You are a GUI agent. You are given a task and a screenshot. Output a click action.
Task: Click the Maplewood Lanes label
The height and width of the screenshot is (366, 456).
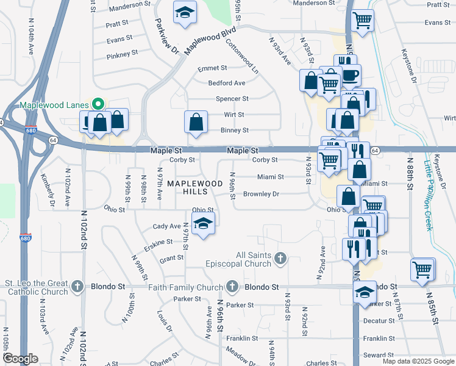click(54, 105)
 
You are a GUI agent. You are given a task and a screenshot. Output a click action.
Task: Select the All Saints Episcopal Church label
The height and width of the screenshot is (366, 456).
click(254, 259)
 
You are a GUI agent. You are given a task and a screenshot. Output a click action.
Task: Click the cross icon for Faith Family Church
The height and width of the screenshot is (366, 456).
click(232, 287)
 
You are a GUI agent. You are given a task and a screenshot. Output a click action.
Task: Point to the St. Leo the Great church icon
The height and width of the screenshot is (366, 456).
click(77, 287)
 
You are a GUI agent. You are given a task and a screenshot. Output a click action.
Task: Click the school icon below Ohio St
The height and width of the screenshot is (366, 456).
click(204, 224)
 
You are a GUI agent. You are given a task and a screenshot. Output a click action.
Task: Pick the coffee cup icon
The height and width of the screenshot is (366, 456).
click(350, 76)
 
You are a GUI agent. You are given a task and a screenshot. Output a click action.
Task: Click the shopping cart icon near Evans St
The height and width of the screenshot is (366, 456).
click(363, 21)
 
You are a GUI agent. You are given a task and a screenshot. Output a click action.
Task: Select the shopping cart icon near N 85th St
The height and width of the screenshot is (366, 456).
click(422, 269)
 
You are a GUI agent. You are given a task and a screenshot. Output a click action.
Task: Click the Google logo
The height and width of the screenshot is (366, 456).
click(21, 359)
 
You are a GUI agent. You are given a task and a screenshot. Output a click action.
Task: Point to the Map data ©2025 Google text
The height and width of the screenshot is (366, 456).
click(418, 361)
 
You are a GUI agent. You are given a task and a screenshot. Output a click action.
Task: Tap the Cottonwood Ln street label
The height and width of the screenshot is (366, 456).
click(242, 57)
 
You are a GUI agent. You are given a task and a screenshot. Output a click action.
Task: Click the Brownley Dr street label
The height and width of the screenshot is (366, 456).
click(261, 194)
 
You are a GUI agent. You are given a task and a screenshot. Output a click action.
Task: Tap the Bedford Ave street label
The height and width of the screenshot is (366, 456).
click(227, 83)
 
